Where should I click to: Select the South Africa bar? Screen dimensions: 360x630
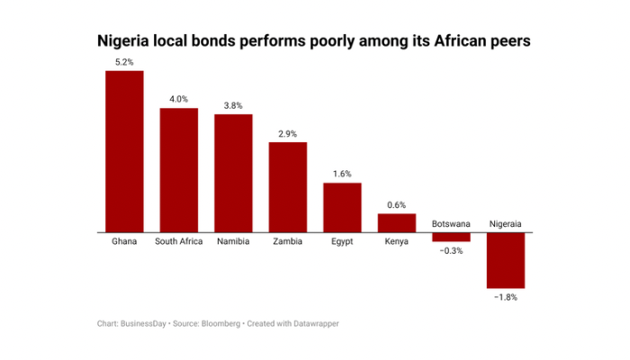[179, 170]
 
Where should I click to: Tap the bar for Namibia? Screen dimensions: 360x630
[233, 174]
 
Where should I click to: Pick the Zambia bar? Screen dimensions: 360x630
[288, 187]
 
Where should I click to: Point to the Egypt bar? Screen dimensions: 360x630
[342, 208]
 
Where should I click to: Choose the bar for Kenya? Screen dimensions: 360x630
[397, 223]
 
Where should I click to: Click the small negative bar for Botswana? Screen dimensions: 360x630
[451, 238]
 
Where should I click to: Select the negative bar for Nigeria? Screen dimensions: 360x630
[506, 260]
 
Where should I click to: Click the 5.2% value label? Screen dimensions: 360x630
[124, 61]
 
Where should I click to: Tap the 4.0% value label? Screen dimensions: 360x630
[179, 99]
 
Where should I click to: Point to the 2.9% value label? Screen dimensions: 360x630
[288, 133]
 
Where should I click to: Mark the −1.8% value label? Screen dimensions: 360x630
[506, 296]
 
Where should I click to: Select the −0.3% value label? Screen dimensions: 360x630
[451, 251]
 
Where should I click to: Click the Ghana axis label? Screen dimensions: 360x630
[124, 242]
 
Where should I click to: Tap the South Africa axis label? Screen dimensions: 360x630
[179, 242]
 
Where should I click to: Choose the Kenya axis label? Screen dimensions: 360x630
[397, 242]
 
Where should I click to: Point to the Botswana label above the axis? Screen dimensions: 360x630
[451, 223]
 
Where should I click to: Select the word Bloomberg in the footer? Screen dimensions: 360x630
[220, 323]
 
